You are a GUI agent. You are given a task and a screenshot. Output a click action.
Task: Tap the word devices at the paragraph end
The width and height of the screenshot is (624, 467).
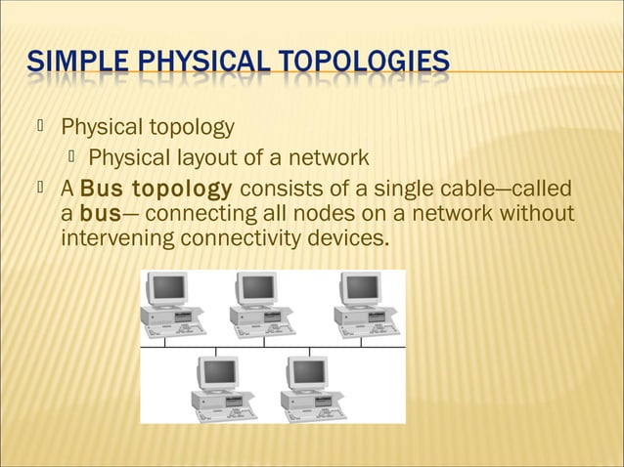coord(347,237)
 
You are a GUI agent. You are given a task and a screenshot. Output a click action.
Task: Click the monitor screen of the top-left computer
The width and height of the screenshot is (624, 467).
coord(169,287)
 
